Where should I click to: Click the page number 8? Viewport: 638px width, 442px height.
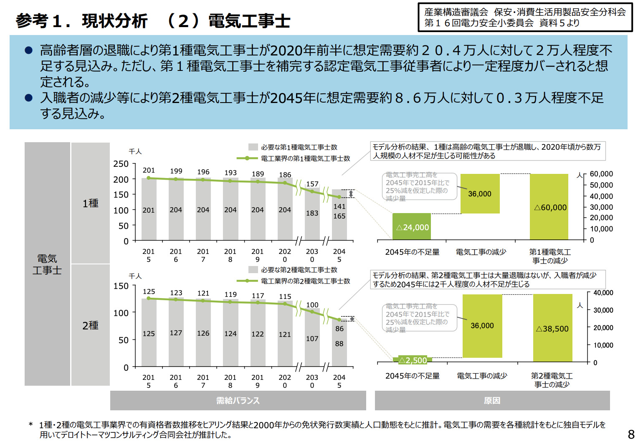pos(631,434)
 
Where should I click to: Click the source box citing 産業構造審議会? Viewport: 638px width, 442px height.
pos(525,18)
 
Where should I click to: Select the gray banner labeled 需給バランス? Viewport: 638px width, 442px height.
pos(238,401)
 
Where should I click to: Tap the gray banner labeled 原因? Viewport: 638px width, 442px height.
pos(492,401)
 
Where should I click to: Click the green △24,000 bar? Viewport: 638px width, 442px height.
pos(412,227)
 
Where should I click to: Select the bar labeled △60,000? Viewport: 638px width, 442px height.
pos(549,207)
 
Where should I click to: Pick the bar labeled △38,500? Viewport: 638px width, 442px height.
pos(552,328)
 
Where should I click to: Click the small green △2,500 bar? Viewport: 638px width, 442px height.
pos(412,360)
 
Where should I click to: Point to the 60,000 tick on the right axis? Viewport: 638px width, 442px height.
pos(601,174)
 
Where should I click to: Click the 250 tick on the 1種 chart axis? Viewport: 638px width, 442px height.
pos(121,164)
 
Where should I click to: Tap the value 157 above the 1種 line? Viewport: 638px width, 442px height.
pos(312,184)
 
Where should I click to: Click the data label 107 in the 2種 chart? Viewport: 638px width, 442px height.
pos(312,339)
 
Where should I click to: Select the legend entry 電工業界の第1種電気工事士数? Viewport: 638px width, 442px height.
pos(305,158)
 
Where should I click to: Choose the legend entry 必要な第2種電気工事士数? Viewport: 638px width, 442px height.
pos(299,270)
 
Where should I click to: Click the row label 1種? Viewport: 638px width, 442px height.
pos(90,203)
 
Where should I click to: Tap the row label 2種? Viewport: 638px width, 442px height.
pos(90,325)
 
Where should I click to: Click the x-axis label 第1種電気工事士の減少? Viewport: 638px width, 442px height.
pos(550,256)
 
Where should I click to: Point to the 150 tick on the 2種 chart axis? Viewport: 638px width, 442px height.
pos(121,286)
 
